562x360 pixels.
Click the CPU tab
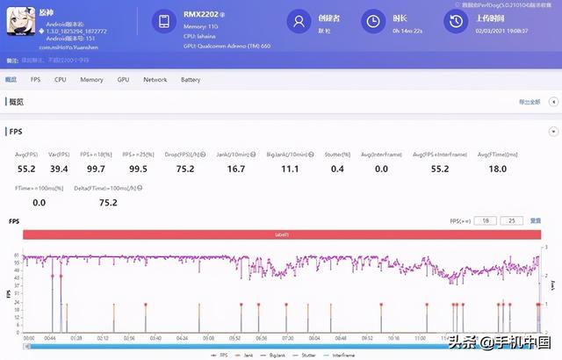[x=61, y=80]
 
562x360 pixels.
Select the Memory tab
[x=91, y=80]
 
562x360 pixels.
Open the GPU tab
[x=123, y=80]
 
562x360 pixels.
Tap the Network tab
[x=155, y=80]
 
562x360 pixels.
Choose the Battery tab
[x=191, y=80]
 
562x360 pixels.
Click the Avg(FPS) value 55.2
[x=26, y=168]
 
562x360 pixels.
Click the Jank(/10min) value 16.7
[x=235, y=168]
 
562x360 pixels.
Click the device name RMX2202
[x=201, y=14]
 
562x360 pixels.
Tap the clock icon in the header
[x=373, y=20]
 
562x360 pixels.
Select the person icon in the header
[x=300, y=20]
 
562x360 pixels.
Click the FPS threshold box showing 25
[x=511, y=220]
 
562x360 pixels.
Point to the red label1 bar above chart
[x=282, y=235]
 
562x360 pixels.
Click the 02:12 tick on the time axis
[x=104, y=337]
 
